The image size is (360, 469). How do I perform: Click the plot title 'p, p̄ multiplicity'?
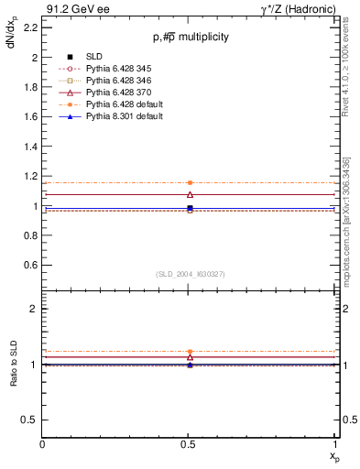[191, 37]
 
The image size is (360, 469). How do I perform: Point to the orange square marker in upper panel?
[190, 183]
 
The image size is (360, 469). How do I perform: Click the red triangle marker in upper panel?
[190, 194]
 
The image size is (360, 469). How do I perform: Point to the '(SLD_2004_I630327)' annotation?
[191, 274]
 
